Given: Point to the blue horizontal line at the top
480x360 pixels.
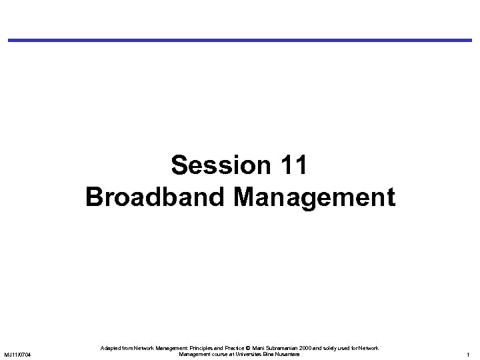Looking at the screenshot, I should tap(240, 40).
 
